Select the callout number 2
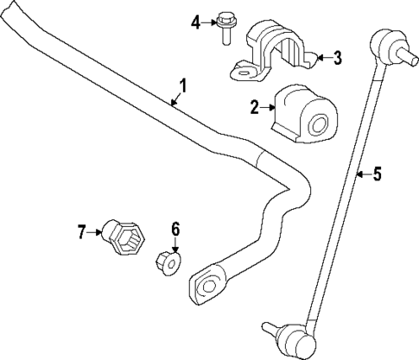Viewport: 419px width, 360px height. coord(255,107)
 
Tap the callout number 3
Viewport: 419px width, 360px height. coord(337,59)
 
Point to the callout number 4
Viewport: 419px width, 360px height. coord(195,21)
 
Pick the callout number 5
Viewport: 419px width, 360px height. coord(376,176)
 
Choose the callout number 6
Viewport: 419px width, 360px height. coord(175,229)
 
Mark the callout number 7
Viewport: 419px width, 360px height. coord(82,231)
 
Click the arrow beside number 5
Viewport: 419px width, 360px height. coord(361,176)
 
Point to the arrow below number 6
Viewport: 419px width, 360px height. coord(175,243)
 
